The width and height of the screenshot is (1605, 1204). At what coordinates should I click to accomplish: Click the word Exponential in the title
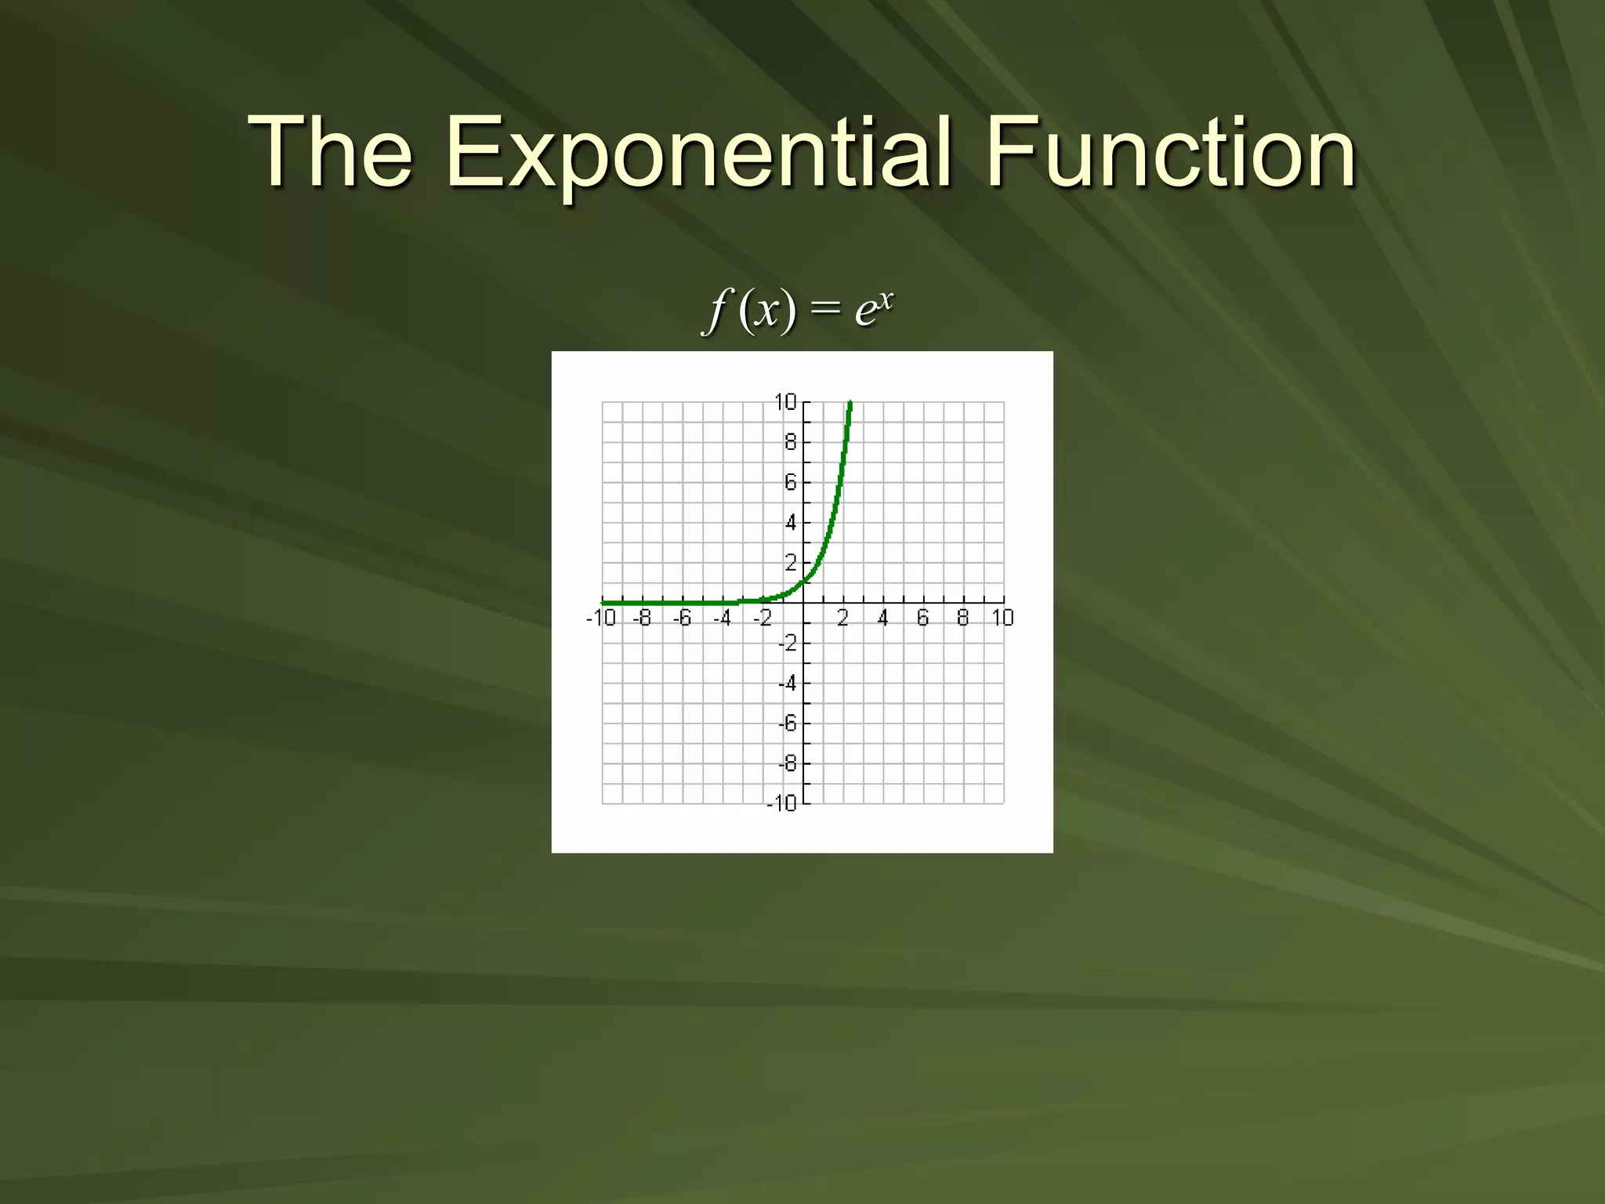coord(698,153)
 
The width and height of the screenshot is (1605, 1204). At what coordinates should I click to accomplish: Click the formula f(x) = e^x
coord(798,309)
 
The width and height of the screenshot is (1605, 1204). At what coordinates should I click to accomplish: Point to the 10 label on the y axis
coord(784,402)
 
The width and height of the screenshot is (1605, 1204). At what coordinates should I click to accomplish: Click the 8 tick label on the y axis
coord(790,442)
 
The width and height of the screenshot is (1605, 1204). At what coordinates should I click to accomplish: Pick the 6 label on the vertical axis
coord(790,482)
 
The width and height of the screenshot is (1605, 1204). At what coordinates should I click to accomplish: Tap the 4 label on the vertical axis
coord(790,522)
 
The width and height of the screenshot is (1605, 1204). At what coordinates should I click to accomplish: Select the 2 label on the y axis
coord(790,563)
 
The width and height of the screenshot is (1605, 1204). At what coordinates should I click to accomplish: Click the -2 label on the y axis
coord(787,643)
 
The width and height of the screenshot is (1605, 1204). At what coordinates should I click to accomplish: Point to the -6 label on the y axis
coord(787,723)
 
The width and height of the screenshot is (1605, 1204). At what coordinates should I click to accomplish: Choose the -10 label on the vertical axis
coord(781,803)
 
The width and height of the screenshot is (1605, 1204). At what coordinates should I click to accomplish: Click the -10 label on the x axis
coord(601,618)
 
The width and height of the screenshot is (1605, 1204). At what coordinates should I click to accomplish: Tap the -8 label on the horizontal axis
coord(642,618)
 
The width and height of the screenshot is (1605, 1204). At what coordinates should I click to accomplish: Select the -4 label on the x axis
coord(722,618)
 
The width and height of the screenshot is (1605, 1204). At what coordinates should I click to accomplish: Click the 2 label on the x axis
coord(842,618)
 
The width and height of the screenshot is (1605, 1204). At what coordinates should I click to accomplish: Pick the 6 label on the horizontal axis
coord(922,618)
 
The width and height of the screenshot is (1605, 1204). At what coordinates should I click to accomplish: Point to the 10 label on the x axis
coord(1002,618)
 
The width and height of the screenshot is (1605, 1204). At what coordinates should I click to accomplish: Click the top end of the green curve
coord(850,403)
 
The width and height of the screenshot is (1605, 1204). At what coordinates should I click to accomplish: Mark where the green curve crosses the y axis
coord(803,582)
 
